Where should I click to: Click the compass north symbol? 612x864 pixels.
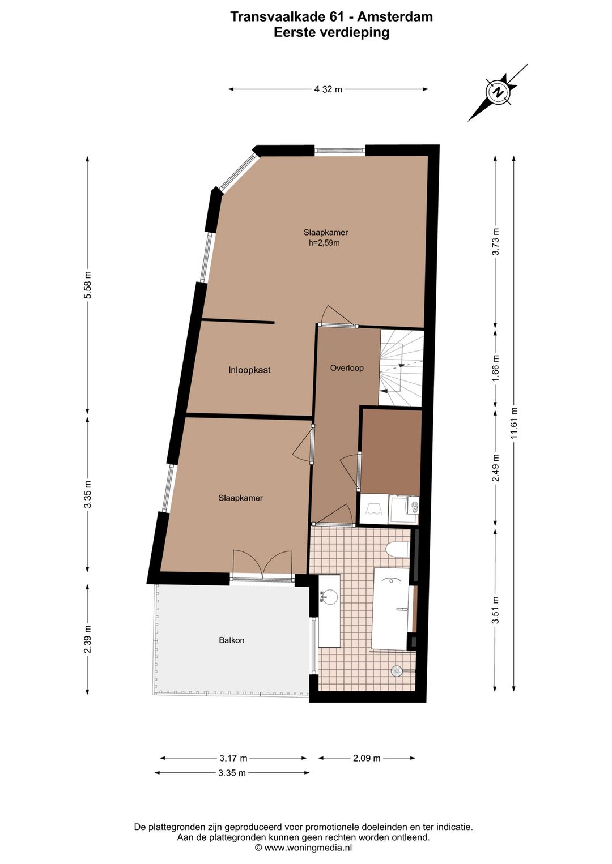point(498,93)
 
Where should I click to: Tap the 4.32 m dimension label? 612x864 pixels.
point(328,89)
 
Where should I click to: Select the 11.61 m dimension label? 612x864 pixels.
point(513,423)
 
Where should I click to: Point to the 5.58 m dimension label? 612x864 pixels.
point(88,285)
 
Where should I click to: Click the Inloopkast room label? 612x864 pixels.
point(249,370)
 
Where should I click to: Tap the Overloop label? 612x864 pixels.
point(347,368)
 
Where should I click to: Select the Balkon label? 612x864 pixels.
point(231,640)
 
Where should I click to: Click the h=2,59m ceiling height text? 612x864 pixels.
point(324,243)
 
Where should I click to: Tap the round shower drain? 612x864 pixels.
point(397,671)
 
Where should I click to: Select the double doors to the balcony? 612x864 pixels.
point(262,566)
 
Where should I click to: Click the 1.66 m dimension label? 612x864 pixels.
point(496,368)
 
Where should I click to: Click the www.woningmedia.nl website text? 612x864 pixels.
point(307,848)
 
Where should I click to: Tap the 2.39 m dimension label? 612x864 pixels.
point(88,639)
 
